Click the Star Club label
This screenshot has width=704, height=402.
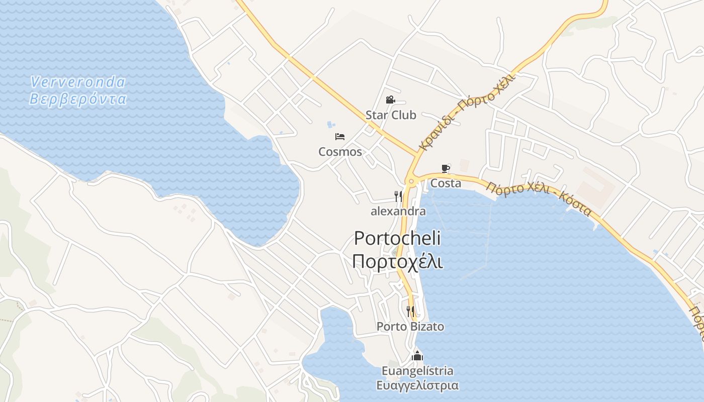(391, 115)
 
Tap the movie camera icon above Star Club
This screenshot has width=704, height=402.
(390, 100)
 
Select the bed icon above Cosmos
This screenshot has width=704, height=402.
(340, 136)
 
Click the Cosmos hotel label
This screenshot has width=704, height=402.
(340, 152)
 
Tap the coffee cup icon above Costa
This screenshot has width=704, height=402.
(446, 168)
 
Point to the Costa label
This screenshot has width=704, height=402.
(446, 183)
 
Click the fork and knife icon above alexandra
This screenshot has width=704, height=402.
(398, 196)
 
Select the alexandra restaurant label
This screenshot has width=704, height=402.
(398, 211)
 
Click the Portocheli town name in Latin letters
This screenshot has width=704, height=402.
(397, 238)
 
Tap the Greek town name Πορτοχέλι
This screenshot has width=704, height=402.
(397, 261)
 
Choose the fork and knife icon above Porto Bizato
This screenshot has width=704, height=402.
(410, 312)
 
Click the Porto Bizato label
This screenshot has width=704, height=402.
(410, 327)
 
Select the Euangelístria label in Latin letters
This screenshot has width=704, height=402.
(417, 371)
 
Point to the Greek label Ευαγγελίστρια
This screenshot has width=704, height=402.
(417, 386)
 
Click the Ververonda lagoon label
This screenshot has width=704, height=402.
(77, 81)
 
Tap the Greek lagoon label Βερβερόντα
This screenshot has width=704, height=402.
(77, 98)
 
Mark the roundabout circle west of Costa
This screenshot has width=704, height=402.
(411, 181)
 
